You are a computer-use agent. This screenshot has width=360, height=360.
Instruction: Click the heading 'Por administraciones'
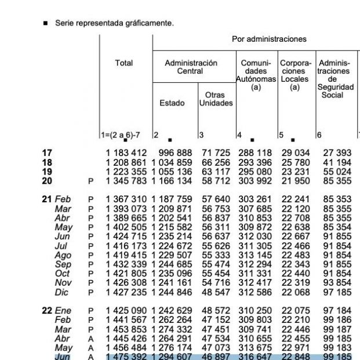[x=269, y=39]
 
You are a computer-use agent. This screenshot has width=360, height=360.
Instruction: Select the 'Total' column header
[x=123, y=63]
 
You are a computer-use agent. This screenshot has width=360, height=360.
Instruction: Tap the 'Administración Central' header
[x=191, y=67]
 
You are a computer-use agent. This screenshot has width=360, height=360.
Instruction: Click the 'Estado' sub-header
[x=172, y=103]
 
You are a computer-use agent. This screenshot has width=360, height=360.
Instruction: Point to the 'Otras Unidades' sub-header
[x=216, y=99]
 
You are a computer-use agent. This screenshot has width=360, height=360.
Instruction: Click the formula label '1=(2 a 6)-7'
[x=121, y=135]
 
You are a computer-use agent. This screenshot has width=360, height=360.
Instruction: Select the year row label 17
[x=47, y=152]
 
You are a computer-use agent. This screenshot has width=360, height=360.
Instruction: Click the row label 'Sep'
[x=63, y=264]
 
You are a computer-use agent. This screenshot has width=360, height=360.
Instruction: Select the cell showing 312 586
[x=255, y=292]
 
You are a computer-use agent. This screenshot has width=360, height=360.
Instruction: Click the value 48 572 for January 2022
[x=216, y=311]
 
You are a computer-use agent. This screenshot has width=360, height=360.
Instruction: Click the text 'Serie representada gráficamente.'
[x=114, y=23]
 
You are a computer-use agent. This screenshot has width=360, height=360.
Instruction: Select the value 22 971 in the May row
[x=295, y=348]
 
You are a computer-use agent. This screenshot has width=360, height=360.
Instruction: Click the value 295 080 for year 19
[x=255, y=171]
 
